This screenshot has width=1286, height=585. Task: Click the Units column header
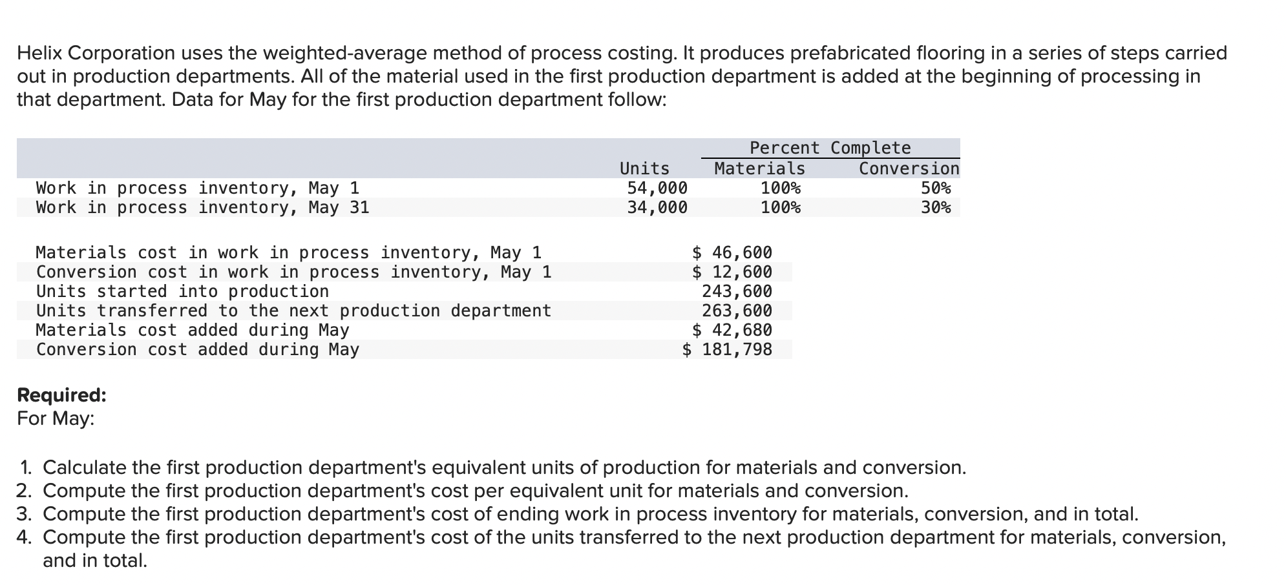click(644, 169)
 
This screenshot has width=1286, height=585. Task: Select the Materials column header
click(759, 169)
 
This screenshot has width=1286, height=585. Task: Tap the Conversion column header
click(909, 169)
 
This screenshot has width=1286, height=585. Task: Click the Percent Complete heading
click(830, 148)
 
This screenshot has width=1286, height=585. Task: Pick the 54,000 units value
click(657, 188)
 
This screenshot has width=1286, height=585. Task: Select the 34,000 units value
click(657, 207)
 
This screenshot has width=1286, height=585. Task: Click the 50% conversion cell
click(936, 188)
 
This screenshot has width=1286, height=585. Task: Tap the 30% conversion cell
click(936, 207)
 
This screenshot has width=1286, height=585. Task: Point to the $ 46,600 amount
click(732, 252)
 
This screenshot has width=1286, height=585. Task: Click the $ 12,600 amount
click(732, 272)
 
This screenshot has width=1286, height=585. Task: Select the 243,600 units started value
click(737, 291)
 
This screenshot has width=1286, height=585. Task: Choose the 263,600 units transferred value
click(737, 311)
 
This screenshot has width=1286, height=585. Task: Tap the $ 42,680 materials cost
click(732, 330)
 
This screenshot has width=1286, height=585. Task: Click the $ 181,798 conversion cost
click(727, 349)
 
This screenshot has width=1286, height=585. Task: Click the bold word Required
click(61, 395)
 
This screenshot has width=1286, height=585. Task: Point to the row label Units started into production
click(182, 291)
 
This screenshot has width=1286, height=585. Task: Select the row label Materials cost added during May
click(193, 330)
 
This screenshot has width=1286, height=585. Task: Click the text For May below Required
click(55, 418)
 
